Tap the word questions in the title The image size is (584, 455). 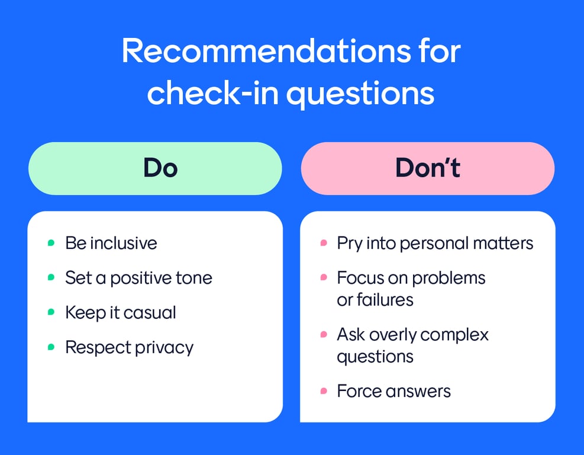point(360,94)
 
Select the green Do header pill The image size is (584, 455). point(155,168)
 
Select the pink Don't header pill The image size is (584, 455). point(427,168)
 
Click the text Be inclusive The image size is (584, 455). point(111,243)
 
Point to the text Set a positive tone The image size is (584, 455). point(138,278)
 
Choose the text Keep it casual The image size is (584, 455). point(121,312)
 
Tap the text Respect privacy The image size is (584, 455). point(129,347)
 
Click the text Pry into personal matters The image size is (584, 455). point(435,243)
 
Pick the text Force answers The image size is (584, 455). point(393,391)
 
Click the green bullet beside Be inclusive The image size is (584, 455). point(51,243)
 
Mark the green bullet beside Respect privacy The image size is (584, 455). point(51,347)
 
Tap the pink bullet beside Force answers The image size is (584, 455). point(323,391)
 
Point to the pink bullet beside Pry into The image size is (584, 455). point(323,243)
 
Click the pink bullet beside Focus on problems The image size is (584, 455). point(323,278)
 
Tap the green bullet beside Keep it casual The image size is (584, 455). point(51,312)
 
